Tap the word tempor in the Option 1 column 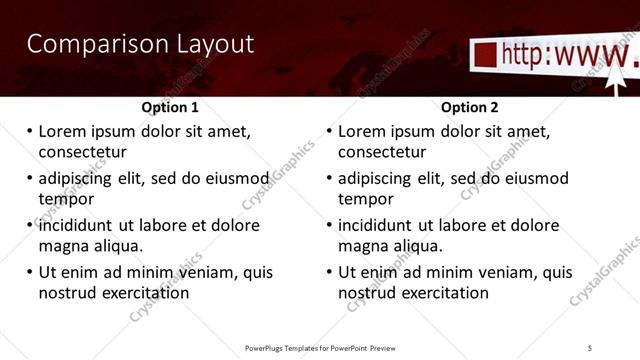(x=66, y=199)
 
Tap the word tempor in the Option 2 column (x=366, y=199)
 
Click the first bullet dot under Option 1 (x=29, y=131)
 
